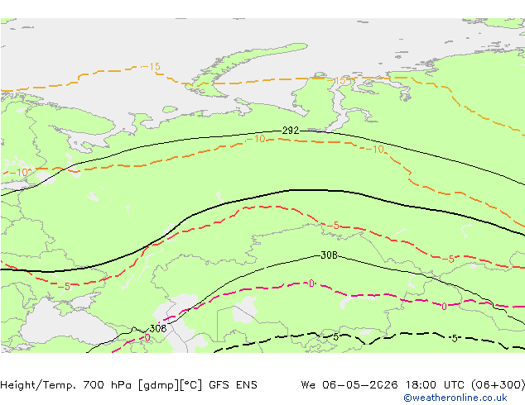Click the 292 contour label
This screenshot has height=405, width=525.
click(x=290, y=131)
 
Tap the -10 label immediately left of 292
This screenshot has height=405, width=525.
click(x=257, y=139)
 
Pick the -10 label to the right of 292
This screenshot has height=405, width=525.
click(x=378, y=150)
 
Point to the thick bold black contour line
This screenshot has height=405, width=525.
click(x=290, y=190)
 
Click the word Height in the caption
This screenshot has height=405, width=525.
click(x=20, y=384)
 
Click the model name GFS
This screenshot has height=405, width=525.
click(x=217, y=384)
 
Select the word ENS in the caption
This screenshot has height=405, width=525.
click(x=245, y=384)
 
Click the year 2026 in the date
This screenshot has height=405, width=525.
click(x=374, y=384)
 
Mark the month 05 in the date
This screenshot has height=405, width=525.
click(x=347, y=384)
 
